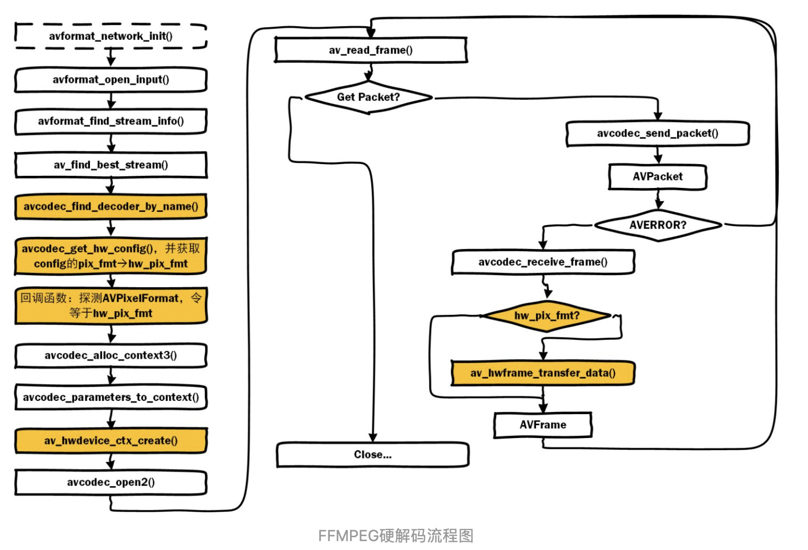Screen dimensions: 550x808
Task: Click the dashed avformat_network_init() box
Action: [110, 36]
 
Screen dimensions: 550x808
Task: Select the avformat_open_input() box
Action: [110, 80]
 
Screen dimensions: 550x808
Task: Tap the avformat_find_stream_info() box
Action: [110, 121]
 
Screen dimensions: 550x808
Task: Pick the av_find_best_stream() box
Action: [110, 165]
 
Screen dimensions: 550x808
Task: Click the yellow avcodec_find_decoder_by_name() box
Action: [110, 207]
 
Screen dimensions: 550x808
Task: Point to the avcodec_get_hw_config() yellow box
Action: [110, 256]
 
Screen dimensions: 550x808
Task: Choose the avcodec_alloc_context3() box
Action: [110, 355]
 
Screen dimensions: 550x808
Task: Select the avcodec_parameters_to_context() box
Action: [110, 398]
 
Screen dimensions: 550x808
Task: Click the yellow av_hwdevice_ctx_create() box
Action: [110, 441]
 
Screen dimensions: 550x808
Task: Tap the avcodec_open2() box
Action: [110, 482]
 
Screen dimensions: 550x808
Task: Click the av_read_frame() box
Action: [371, 50]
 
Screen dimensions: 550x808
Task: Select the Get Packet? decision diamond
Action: [368, 98]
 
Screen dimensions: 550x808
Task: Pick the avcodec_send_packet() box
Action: [658, 134]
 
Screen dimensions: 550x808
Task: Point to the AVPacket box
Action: [658, 177]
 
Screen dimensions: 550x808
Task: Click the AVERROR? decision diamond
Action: [658, 225]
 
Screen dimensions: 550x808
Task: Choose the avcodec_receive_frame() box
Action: [543, 262]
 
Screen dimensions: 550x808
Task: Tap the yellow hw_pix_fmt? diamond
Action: [547, 316]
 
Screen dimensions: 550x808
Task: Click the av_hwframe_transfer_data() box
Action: [543, 373]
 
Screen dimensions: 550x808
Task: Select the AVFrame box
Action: [543, 425]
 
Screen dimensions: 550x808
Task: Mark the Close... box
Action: [372, 455]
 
